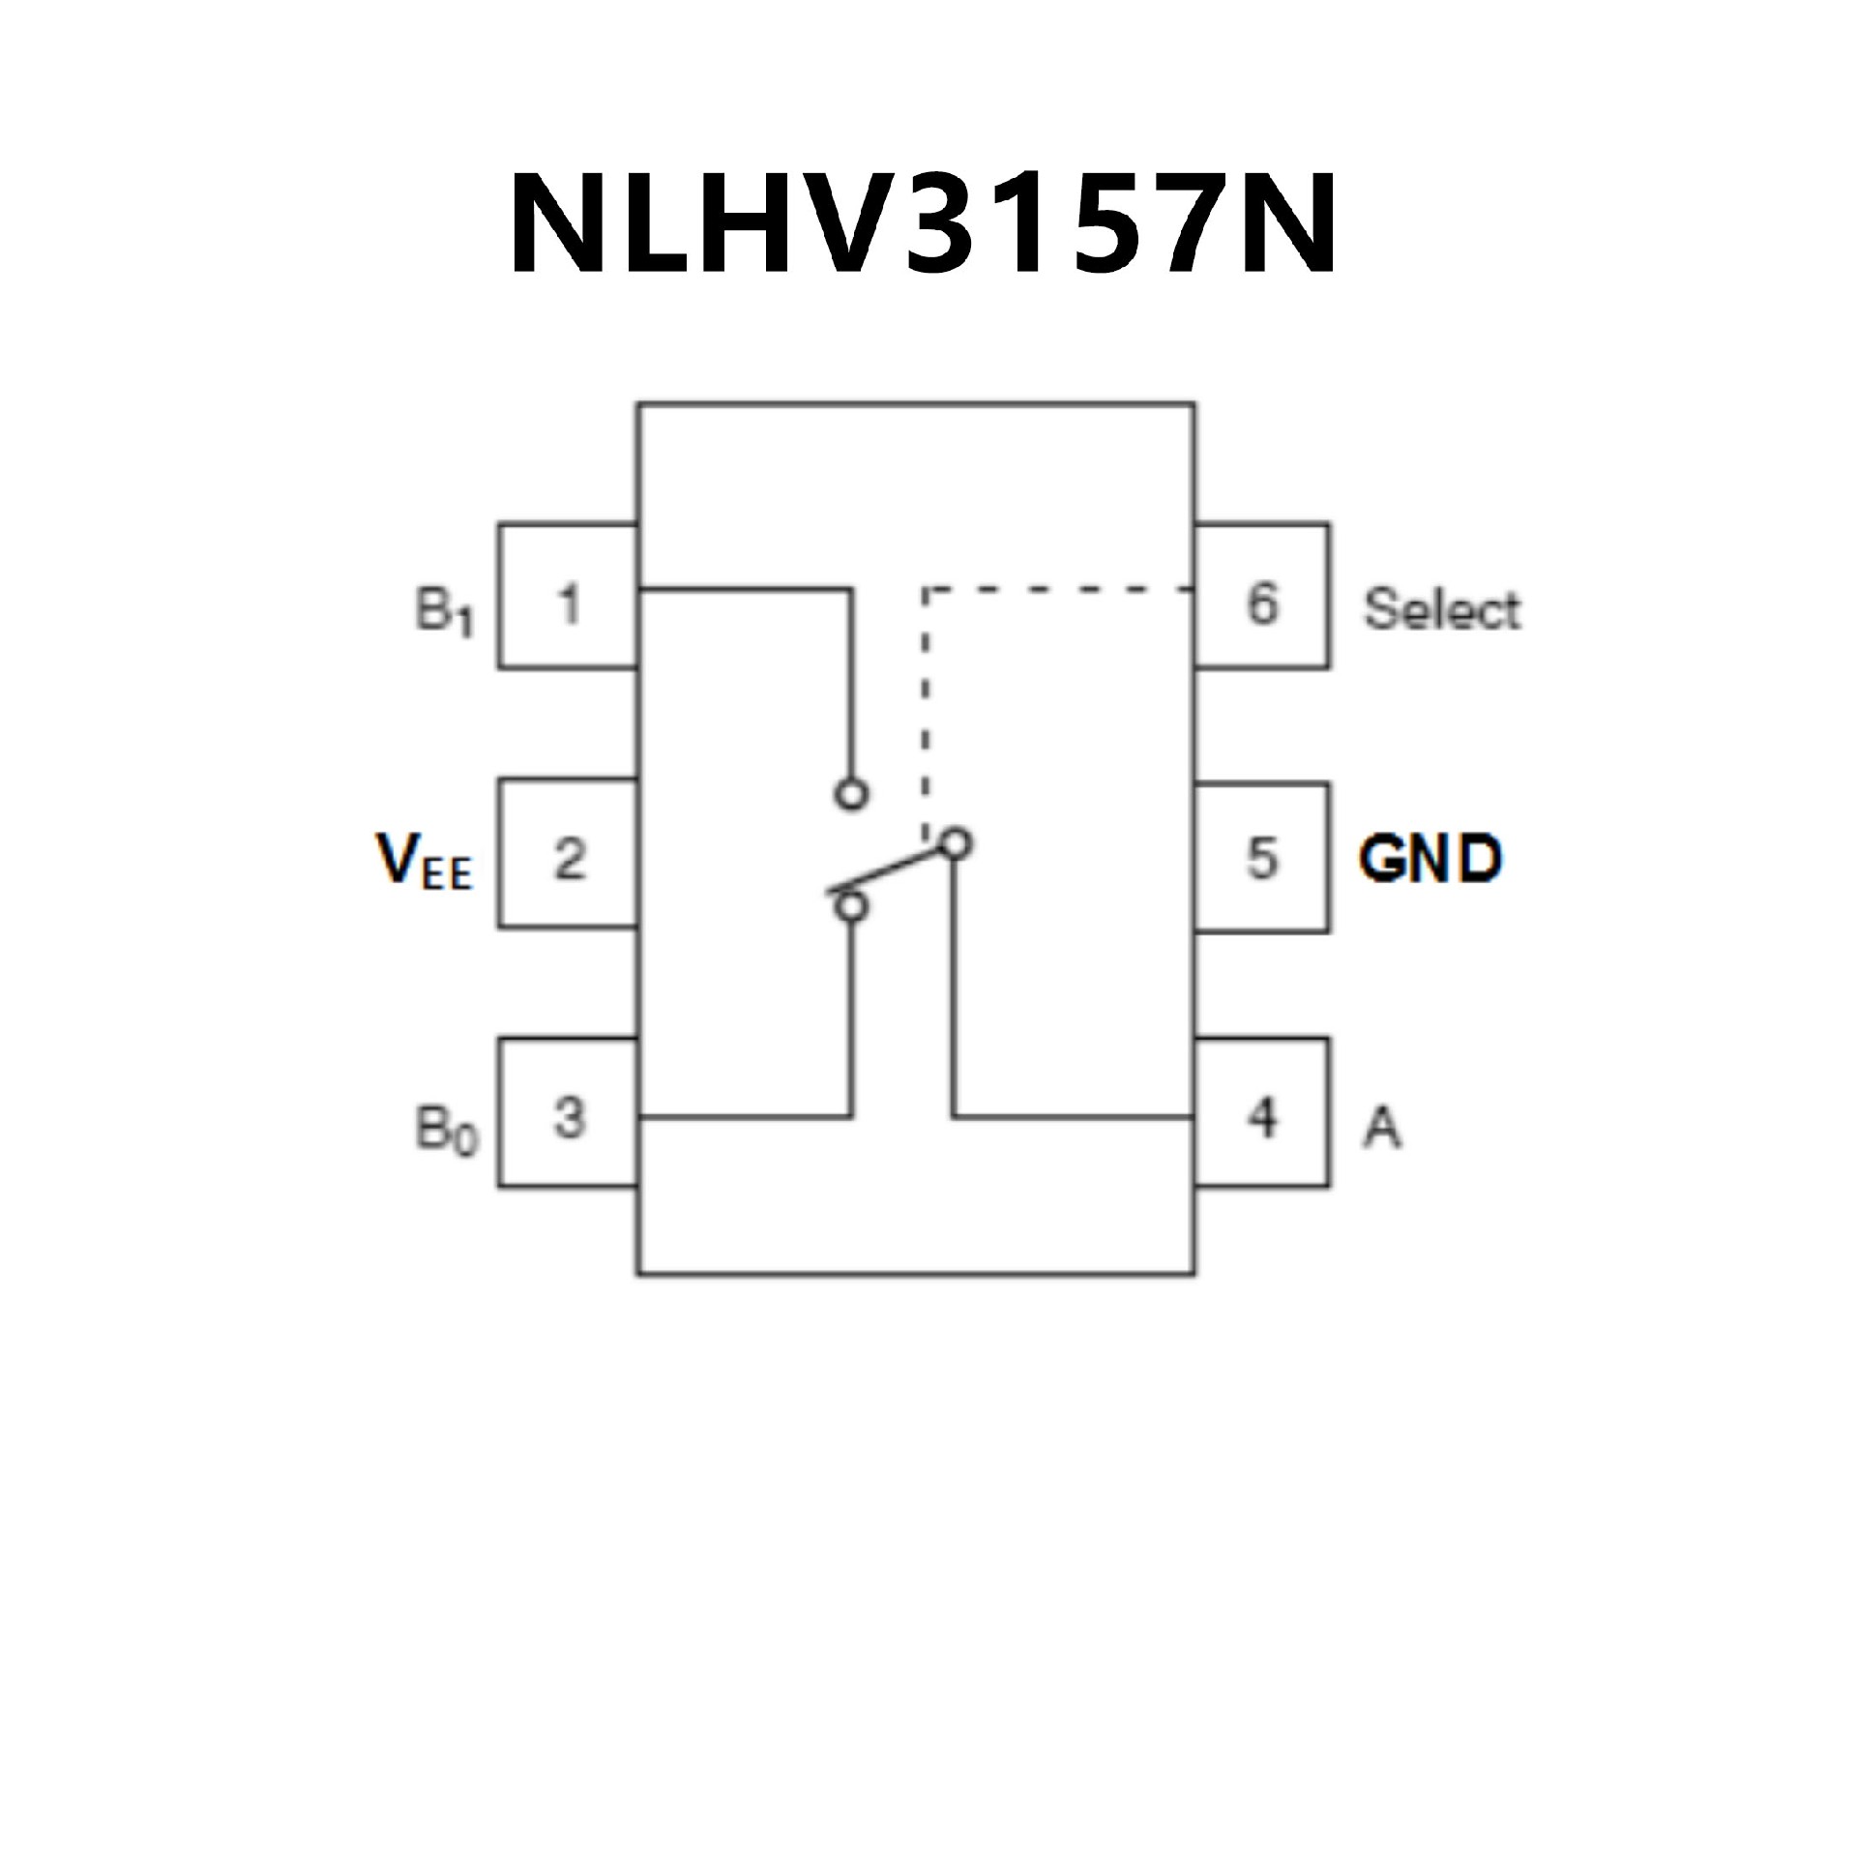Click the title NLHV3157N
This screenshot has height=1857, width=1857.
coord(924,224)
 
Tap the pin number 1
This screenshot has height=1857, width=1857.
coord(570,605)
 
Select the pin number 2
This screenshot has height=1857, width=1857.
coord(570,858)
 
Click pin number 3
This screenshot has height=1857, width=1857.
coord(570,1118)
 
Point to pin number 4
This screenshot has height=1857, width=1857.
coord(1262,1118)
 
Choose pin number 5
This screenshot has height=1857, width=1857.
coord(1262,858)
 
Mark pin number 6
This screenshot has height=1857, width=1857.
coord(1262,605)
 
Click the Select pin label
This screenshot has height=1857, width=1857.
coord(1441,610)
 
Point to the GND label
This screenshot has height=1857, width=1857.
coord(1430,859)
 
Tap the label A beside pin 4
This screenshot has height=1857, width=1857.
coord(1382,1127)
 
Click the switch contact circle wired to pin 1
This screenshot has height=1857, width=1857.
coord(851,794)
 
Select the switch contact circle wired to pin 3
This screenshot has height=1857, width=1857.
coord(851,907)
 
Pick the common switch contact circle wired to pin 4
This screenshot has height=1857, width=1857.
coord(956,843)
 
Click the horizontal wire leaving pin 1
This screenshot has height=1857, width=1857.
coord(745,588)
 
